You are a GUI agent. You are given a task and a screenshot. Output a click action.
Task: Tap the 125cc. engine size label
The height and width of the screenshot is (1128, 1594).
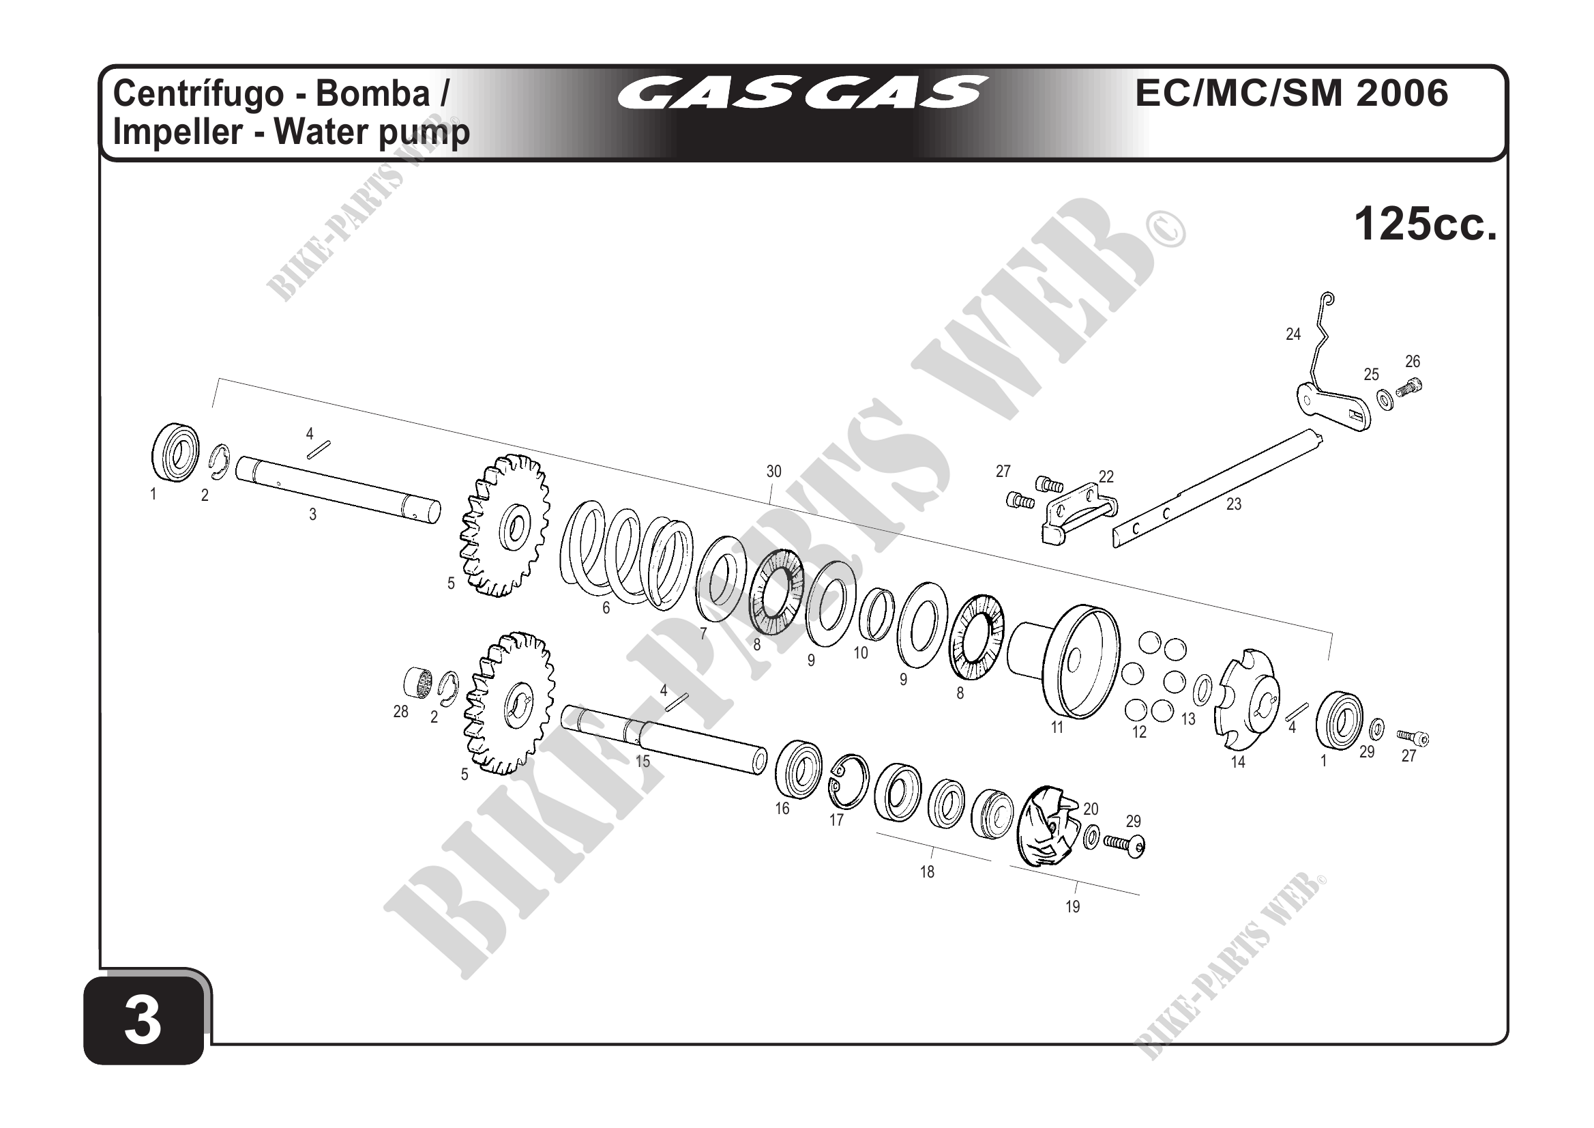click(x=1425, y=225)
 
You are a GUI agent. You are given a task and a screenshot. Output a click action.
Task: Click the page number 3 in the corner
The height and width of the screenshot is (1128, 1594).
click(x=143, y=1021)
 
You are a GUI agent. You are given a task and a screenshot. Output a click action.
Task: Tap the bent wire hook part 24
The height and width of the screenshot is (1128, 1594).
click(x=1320, y=341)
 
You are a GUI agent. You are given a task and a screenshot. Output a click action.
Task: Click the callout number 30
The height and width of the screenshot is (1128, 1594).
click(x=773, y=472)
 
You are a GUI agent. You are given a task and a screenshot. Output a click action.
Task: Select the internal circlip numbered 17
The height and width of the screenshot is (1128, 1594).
click(x=849, y=781)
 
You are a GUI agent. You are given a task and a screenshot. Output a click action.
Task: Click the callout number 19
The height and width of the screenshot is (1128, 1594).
click(x=1073, y=906)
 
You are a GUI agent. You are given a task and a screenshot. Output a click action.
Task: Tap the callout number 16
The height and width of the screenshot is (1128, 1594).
click(x=782, y=809)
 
